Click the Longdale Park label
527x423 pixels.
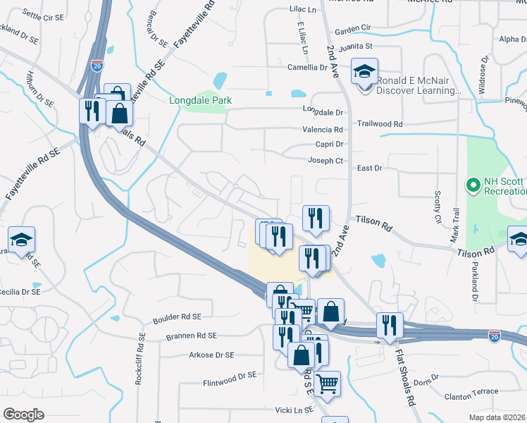click(200, 100)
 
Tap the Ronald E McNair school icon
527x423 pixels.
click(365, 72)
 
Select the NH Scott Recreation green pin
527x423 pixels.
click(473, 186)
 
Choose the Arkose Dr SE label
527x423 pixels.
click(211, 355)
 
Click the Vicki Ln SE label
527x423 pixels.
click(293, 409)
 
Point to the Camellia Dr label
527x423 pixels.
click(308, 68)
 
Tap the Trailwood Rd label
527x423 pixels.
click(379, 124)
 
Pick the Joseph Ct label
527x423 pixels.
click(325, 161)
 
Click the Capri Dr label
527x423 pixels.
click(329, 145)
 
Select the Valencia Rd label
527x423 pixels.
click(323, 130)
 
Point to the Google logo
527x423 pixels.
click(24, 414)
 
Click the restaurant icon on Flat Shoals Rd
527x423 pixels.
click(390, 326)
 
